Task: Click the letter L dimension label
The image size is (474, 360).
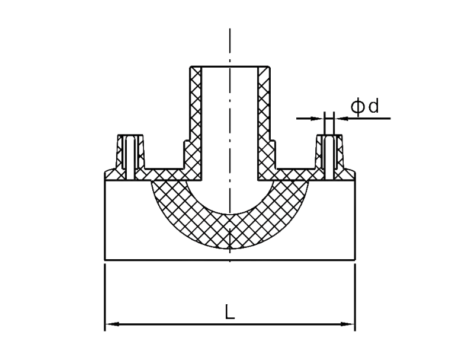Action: coord(230,312)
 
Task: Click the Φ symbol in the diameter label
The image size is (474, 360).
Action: coord(358,107)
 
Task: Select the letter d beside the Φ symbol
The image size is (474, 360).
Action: coord(374,106)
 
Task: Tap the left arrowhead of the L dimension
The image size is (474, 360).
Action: coord(112,324)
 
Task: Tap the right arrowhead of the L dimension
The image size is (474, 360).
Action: coord(347,324)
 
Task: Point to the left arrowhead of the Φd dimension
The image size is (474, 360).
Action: coord(317,118)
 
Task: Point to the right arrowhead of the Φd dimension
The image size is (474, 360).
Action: coord(341,118)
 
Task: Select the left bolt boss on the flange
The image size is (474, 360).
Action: coord(130,157)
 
